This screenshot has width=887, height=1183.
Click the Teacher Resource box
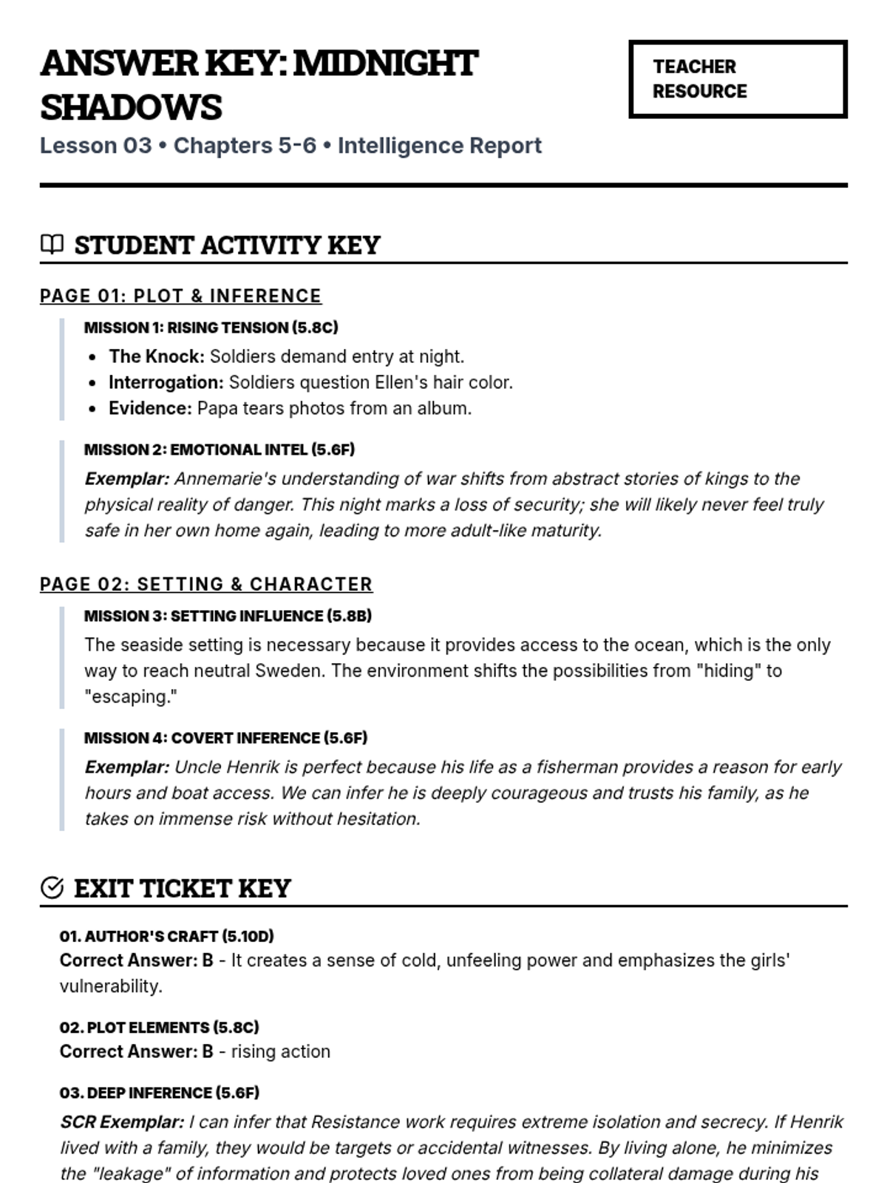point(737,79)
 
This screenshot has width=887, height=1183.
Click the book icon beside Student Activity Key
point(52,244)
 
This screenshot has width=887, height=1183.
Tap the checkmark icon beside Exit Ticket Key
point(52,887)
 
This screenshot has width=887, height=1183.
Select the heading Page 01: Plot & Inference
point(180,296)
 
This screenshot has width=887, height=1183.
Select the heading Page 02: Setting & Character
point(205,584)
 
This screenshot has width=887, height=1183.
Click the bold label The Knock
point(157,356)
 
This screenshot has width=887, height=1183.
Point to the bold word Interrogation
point(166,382)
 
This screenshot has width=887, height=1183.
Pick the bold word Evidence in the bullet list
point(150,408)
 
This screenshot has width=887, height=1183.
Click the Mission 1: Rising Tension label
point(211,328)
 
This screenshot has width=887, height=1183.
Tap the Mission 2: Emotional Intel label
point(219,450)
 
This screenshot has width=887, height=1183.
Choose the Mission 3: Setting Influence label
point(228,616)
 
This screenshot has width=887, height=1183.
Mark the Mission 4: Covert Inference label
point(225,738)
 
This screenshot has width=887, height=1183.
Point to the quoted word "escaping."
point(131,696)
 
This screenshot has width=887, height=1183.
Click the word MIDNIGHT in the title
point(386,64)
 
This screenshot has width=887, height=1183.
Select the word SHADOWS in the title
point(131,107)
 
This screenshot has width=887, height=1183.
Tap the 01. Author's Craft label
point(166,936)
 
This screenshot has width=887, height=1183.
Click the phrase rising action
point(280,1051)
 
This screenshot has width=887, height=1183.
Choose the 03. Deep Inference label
point(159,1093)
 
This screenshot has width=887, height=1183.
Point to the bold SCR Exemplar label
point(122,1122)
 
